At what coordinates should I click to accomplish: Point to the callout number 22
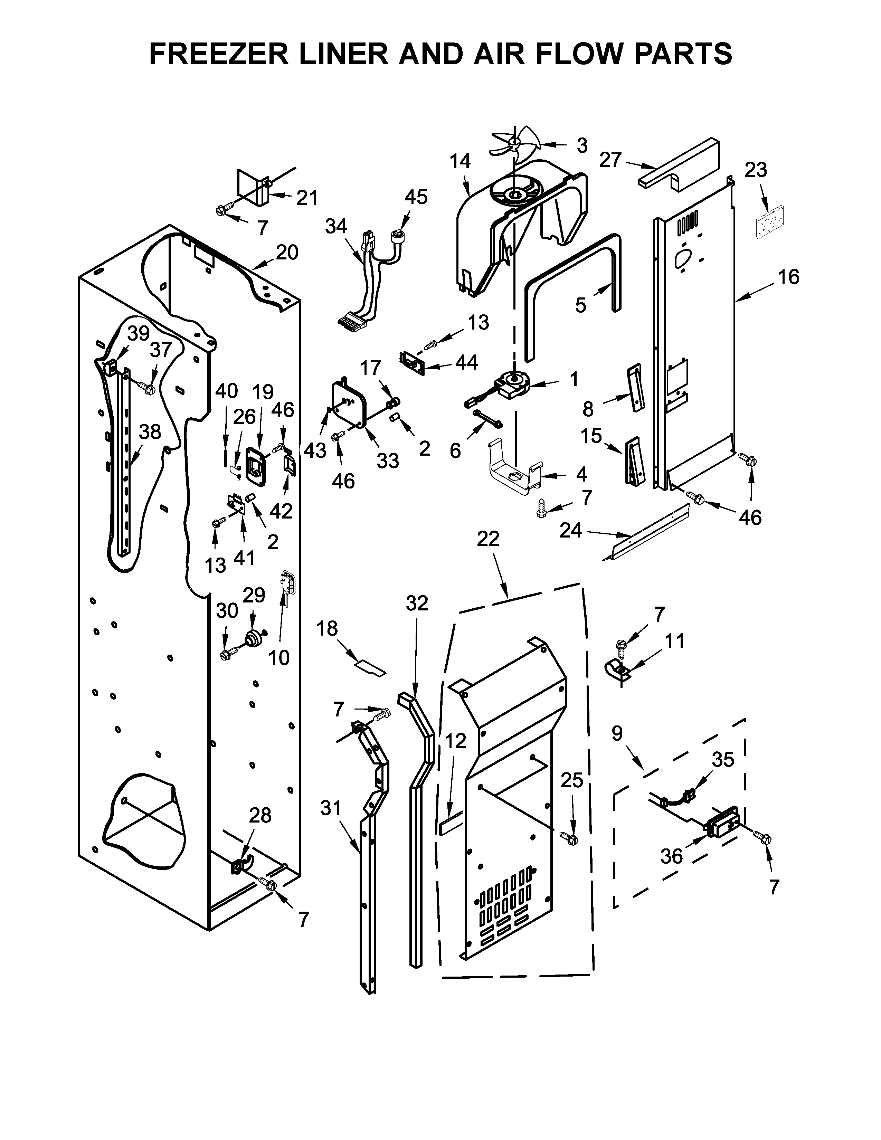[488, 539]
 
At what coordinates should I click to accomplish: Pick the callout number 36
[671, 856]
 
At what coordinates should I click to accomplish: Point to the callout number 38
[150, 432]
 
